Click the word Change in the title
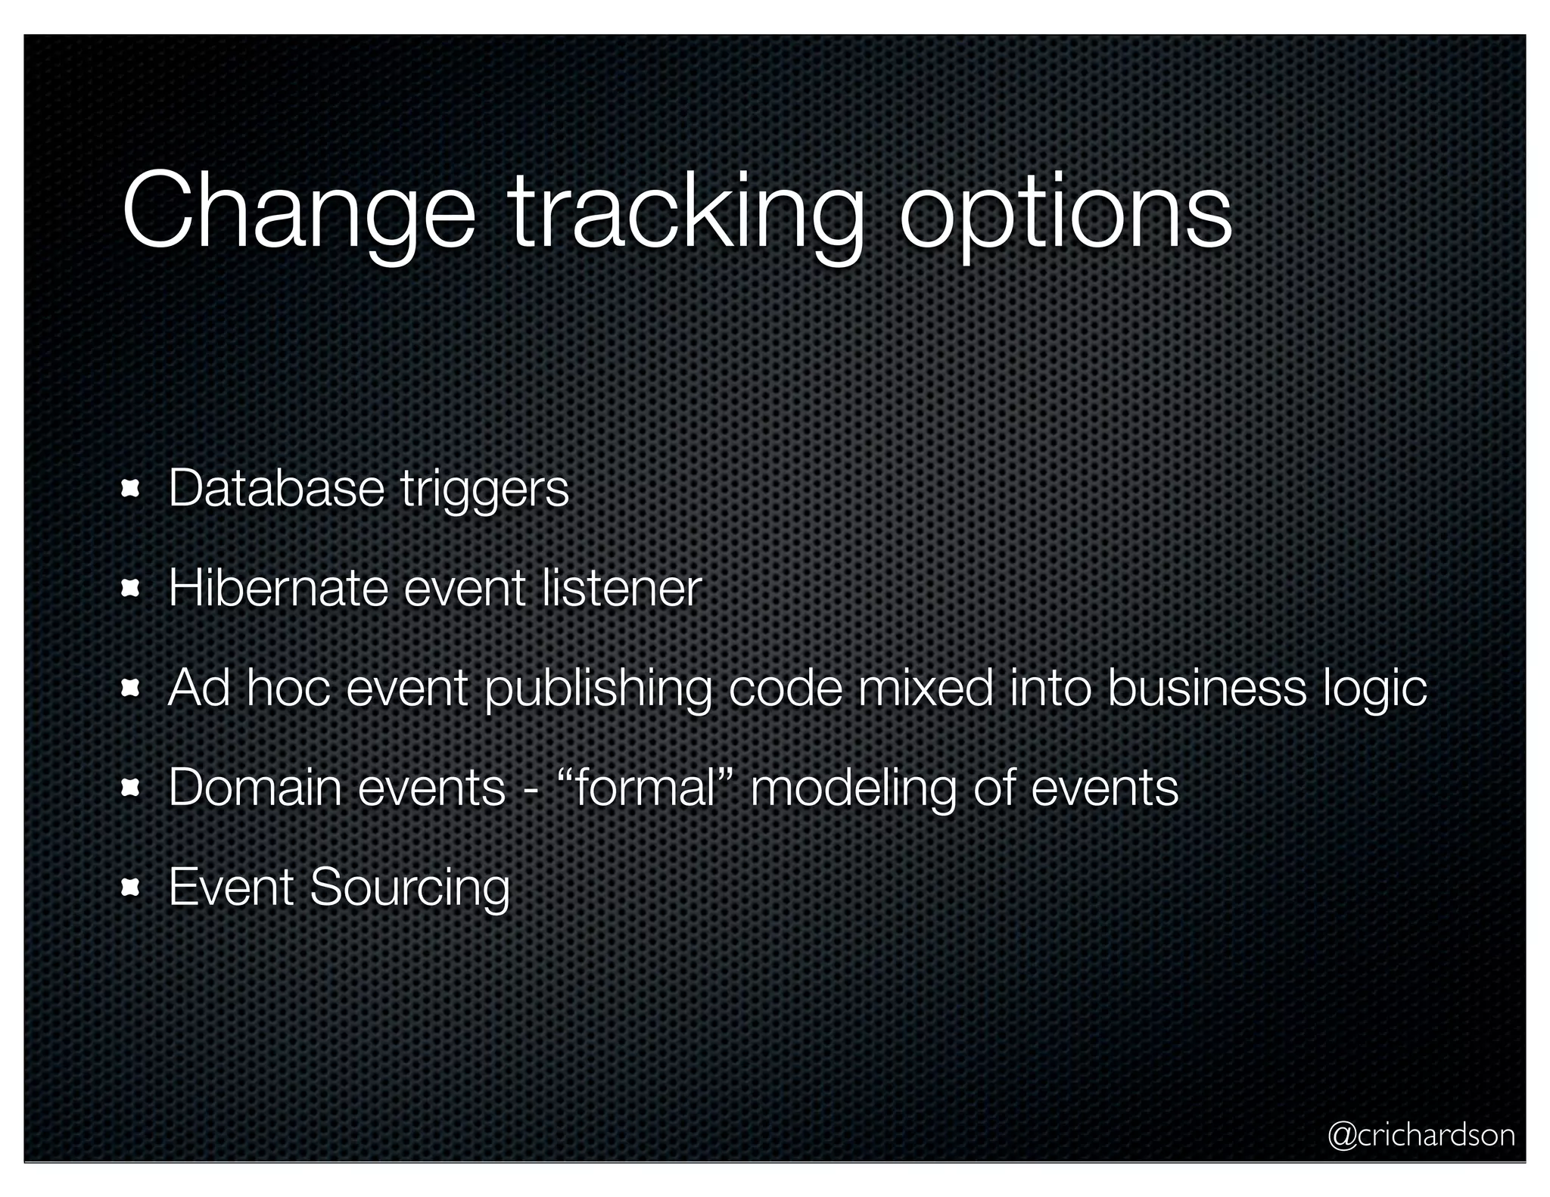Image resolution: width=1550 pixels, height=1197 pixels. pyautogui.click(x=298, y=213)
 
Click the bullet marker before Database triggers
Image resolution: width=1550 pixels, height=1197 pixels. pyautogui.click(x=131, y=490)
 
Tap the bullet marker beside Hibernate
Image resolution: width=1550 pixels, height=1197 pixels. pyautogui.click(x=131, y=589)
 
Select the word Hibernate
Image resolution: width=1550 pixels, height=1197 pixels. pyautogui.click(x=278, y=588)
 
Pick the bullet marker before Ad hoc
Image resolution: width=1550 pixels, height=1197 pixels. pyautogui.click(x=131, y=689)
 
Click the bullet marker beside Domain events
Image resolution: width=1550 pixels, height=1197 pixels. pyautogui.click(x=131, y=788)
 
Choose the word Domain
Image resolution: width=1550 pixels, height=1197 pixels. pyautogui.click(x=254, y=788)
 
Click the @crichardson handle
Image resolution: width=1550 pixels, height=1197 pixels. pyautogui.click(x=1421, y=1135)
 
